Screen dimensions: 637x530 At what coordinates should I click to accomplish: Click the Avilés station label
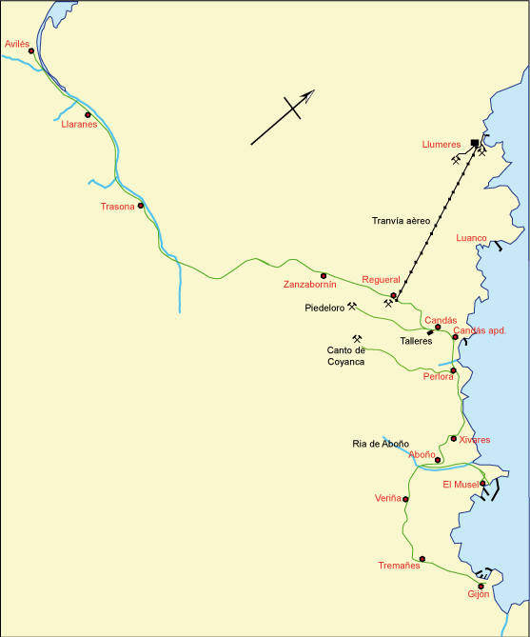[18, 44]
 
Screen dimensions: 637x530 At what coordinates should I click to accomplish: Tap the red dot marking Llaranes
[88, 114]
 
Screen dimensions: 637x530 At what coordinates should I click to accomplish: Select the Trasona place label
[118, 207]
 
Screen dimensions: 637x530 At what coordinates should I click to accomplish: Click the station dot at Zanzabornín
[324, 275]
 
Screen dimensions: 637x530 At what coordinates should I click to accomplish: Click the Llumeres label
[442, 145]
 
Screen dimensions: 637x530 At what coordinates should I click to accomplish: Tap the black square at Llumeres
[474, 143]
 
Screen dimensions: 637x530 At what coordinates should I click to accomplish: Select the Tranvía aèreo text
[401, 221]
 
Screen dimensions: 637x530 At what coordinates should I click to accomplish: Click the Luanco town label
[472, 238]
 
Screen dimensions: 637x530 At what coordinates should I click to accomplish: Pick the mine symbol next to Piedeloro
[352, 307]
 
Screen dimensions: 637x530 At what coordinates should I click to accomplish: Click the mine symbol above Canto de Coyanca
[358, 338]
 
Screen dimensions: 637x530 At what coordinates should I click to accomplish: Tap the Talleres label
[417, 340]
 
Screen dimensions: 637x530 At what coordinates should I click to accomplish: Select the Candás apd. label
[480, 330]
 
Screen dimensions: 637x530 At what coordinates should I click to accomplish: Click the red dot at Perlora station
[454, 370]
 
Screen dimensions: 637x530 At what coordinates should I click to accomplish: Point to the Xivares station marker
[454, 439]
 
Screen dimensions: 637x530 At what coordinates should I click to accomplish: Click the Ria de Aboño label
[381, 444]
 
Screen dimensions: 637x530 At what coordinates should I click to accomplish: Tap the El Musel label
[461, 485]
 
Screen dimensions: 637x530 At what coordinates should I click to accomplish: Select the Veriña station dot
[405, 499]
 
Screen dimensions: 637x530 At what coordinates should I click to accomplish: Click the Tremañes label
[399, 566]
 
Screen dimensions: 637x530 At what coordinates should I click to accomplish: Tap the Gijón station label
[479, 594]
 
